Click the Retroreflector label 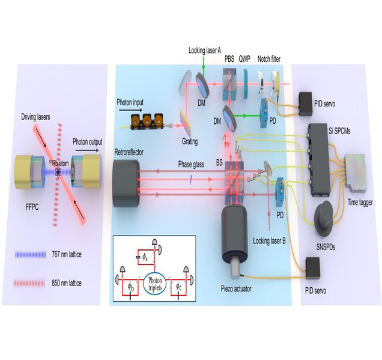[129, 152]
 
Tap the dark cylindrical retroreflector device [126, 180]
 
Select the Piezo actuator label [236, 289]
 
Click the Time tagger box [355, 172]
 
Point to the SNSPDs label [326, 247]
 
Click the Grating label [190, 142]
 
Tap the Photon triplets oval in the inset [155, 284]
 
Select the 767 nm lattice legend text [67, 255]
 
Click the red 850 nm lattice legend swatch [29, 283]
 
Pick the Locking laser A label [205, 50]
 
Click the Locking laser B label [269, 241]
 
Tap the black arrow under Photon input [130, 110]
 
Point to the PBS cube [229, 84]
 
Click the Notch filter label [269, 59]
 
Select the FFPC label [32, 207]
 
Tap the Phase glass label [191, 165]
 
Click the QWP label [244, 59]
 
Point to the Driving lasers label [35, 117]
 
